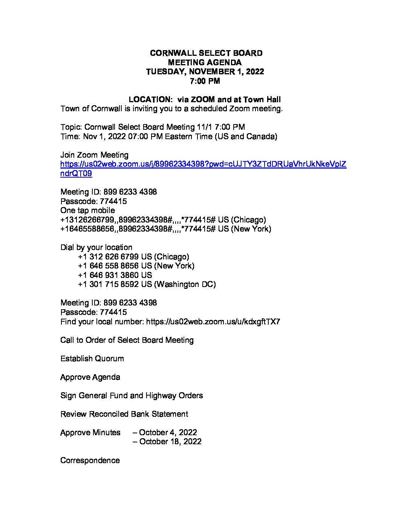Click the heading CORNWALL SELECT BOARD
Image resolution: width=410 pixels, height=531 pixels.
pyautogui.click(x=206, y=53)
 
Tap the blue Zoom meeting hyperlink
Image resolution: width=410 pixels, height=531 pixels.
pyautogui.click(x=203, y=164)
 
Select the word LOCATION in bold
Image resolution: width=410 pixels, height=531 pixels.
pyautogui.click(x=150, y=100)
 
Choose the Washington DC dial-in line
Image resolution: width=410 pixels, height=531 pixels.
pyautogui.click(x=147, y=284)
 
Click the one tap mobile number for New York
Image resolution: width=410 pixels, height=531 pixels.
pyautogui.click(x=165, y=229)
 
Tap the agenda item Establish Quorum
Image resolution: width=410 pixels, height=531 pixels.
pyautogui.click(x=92, y=359)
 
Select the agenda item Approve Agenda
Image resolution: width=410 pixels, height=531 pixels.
pyautogui.click(x=90, y=377)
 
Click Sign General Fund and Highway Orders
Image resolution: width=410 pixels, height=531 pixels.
pyautogui.click(x=132, y=396)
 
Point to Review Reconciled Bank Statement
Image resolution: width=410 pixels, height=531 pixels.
pyautogui.click(x=124, y=414)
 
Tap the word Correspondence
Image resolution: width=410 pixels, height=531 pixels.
pyautogui.click(x=90, y=460)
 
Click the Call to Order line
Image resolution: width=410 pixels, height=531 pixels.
pyautogui.click(x=127, y=340)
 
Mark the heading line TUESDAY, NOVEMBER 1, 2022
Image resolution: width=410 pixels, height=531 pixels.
pyautogui.click(x=205, y=72)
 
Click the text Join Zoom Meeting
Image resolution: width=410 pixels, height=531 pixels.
pyautogui.click(x=94, y=155)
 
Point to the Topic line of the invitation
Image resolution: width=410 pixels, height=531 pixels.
pyautogui.click(x=153, y=127)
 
